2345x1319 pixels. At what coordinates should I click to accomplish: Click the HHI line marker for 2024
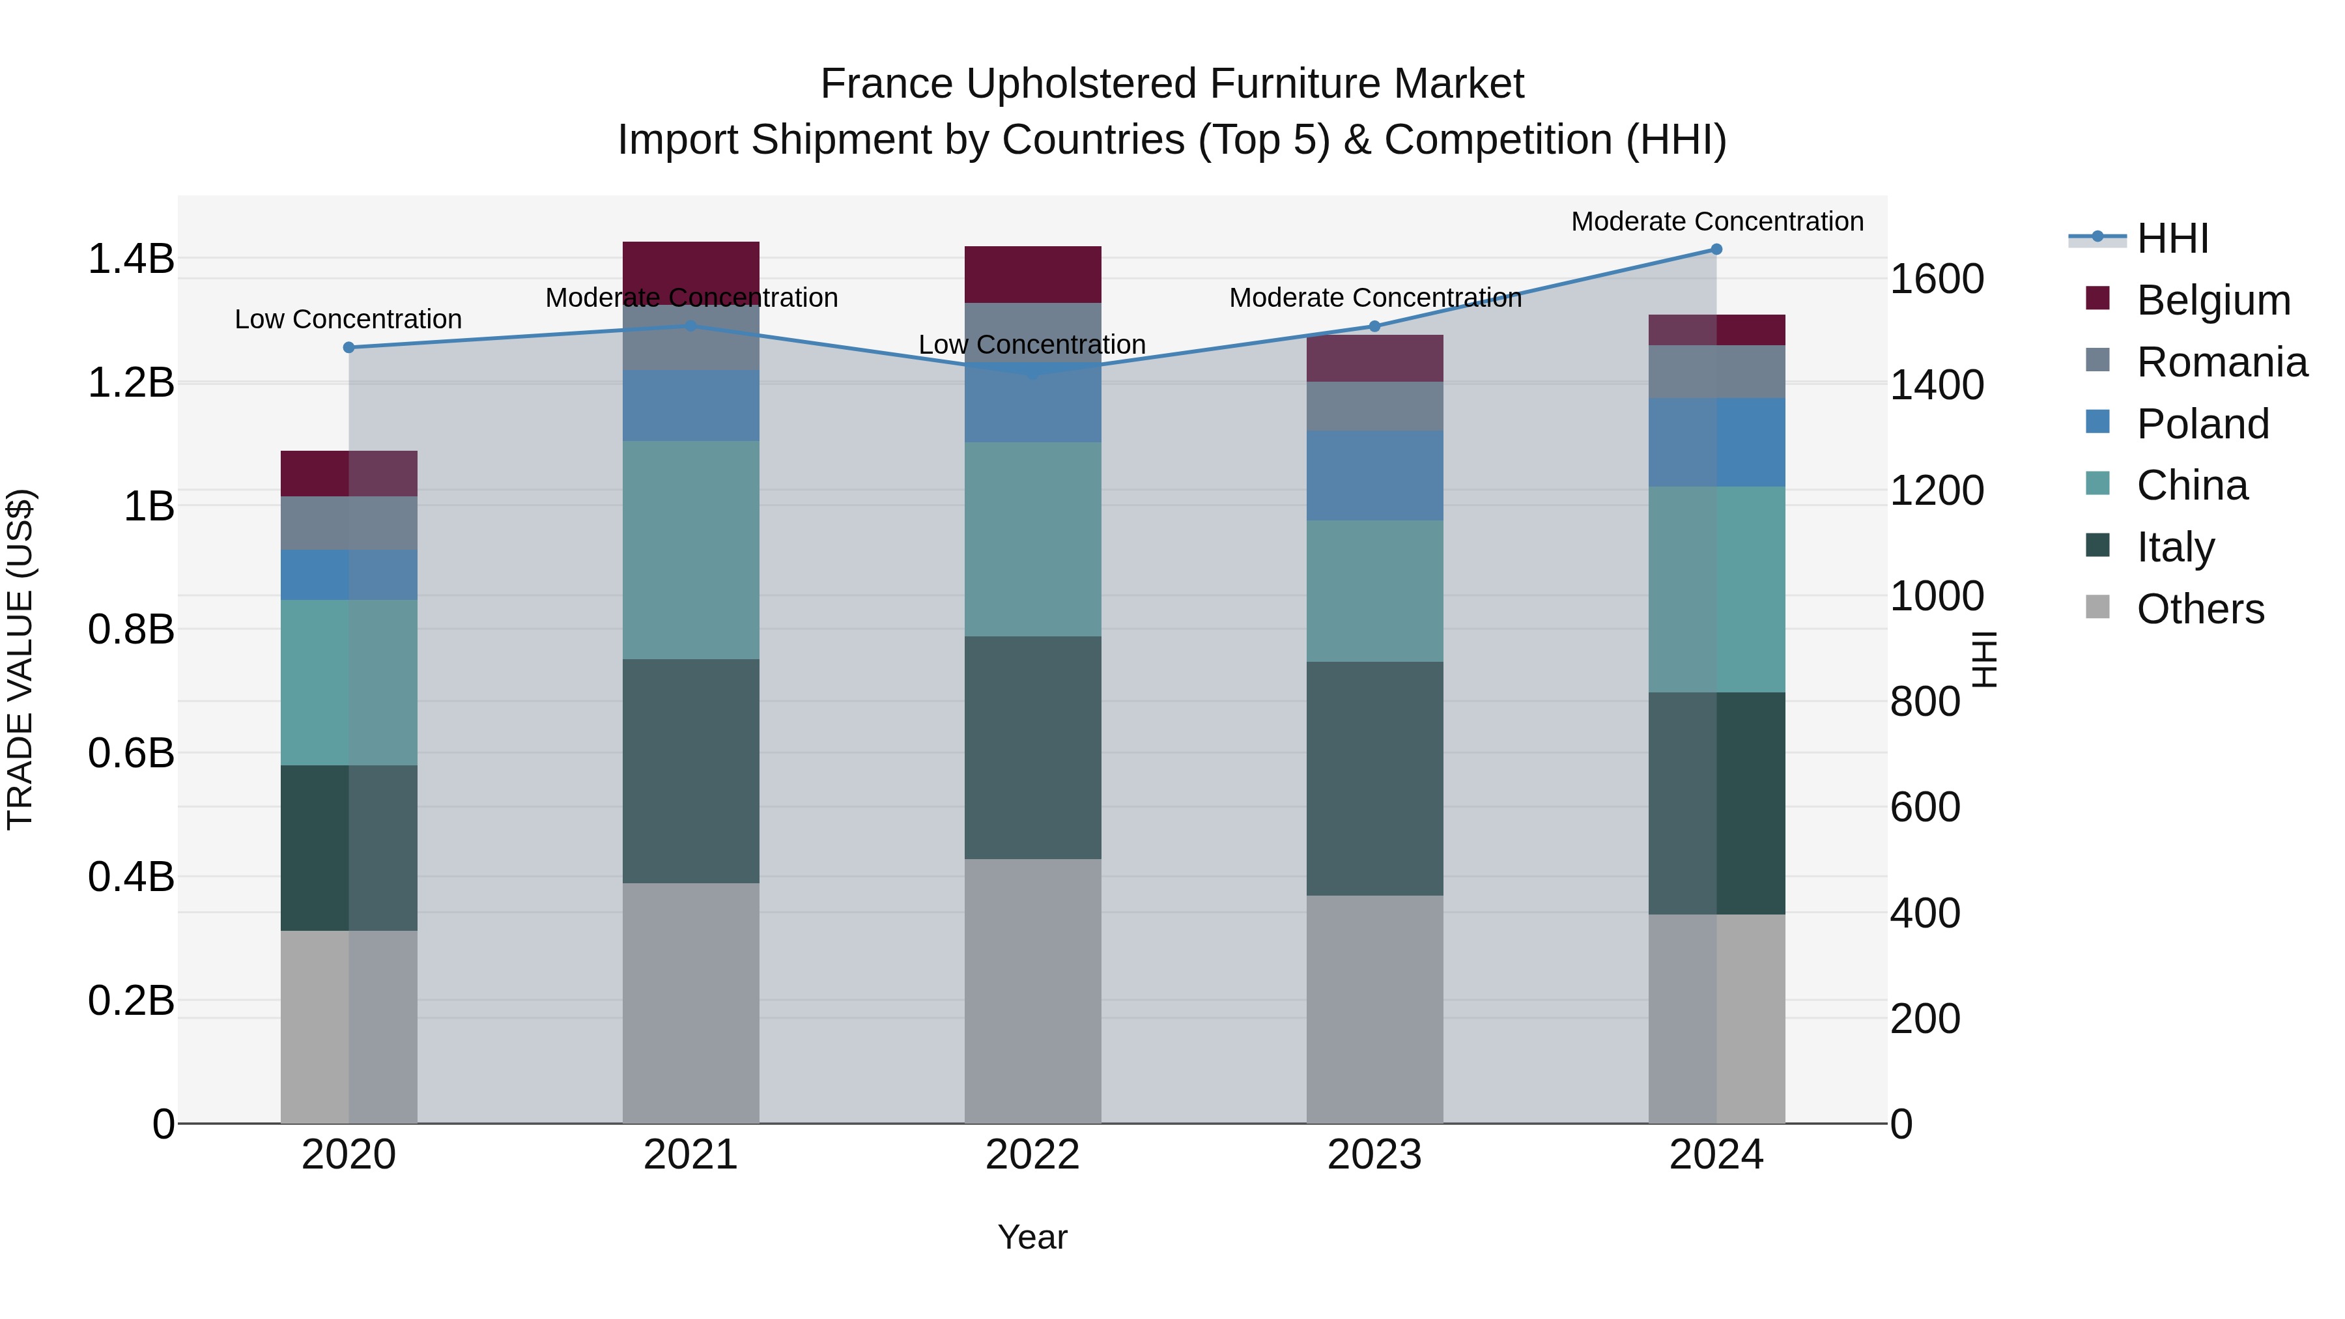tap(1716, 249)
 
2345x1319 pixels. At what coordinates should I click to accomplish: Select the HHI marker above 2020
tap(348, 348)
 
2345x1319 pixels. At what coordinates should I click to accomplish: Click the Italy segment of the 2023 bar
tap(1374, 778)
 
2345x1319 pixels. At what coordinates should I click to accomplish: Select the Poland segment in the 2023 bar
tap(1374, 475)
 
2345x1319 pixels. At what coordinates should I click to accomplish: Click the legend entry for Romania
tap(2221, 362)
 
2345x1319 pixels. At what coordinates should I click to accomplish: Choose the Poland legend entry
tap(2202, 424)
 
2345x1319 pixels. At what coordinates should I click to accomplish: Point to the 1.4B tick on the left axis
tap(130, 259)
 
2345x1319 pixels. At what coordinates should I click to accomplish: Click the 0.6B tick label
tap(130, 754)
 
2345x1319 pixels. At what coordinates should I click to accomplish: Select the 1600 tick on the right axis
tap(1937, 279)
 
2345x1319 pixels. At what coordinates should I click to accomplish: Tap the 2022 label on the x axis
tap(1032, 1155)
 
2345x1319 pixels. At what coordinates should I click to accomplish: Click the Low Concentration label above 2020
tap(348, 320)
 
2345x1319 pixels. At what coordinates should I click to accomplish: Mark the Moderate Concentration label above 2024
tap(1717, 221)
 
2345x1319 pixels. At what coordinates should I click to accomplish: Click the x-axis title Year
tap(1032, 1237)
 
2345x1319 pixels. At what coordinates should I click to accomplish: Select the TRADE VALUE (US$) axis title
tap(20, 659)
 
